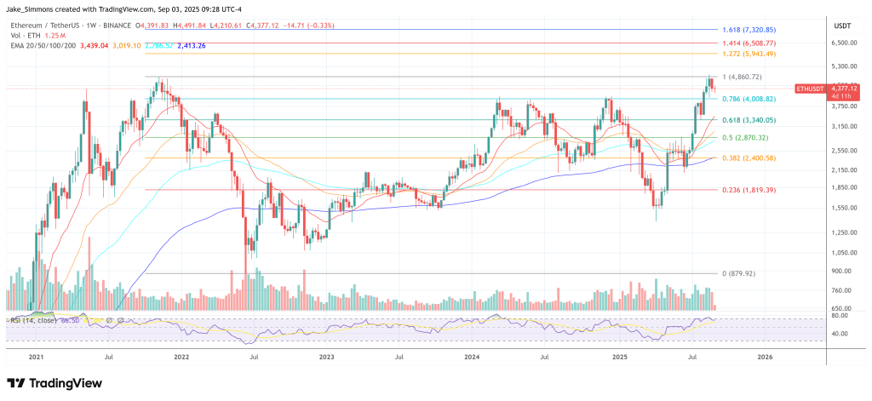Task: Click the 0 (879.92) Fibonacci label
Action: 738,273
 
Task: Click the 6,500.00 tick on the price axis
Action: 843,43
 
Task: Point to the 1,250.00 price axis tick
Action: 843,232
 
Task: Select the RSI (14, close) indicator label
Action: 32,319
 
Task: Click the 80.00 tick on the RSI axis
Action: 839,315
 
